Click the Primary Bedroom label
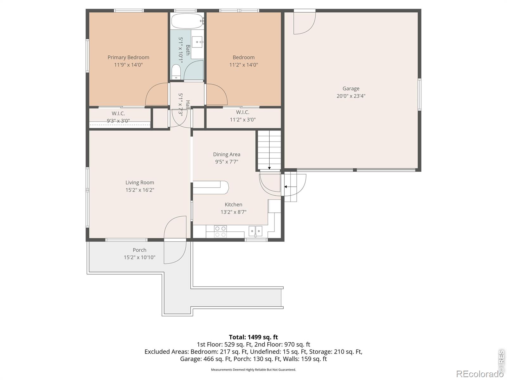click(x=128, y=57)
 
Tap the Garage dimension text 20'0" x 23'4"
click(x=351, y=96)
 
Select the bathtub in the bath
click(x=187, y=21)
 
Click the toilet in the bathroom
click(x=176, y=72)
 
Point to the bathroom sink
click(x=197, y=42)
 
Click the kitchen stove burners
click(x=220, y=231)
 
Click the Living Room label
click(x=140, y=182)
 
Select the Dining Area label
click(x=226, y=154)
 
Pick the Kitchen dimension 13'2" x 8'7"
click(x=233, y=212)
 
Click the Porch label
click(x=139, y=250)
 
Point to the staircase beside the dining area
click(x=269, y=150)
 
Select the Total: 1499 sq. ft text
click(x=253, y=337)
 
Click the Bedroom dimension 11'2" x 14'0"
click(x=243, y=65)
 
